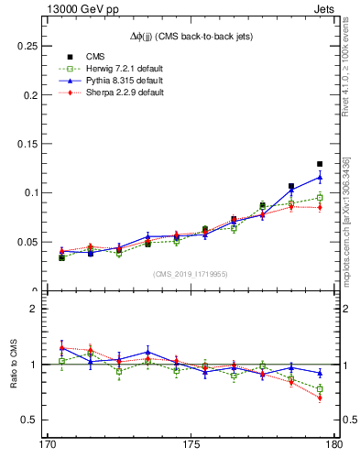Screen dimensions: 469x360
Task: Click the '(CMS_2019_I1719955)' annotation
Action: (191, 273)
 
